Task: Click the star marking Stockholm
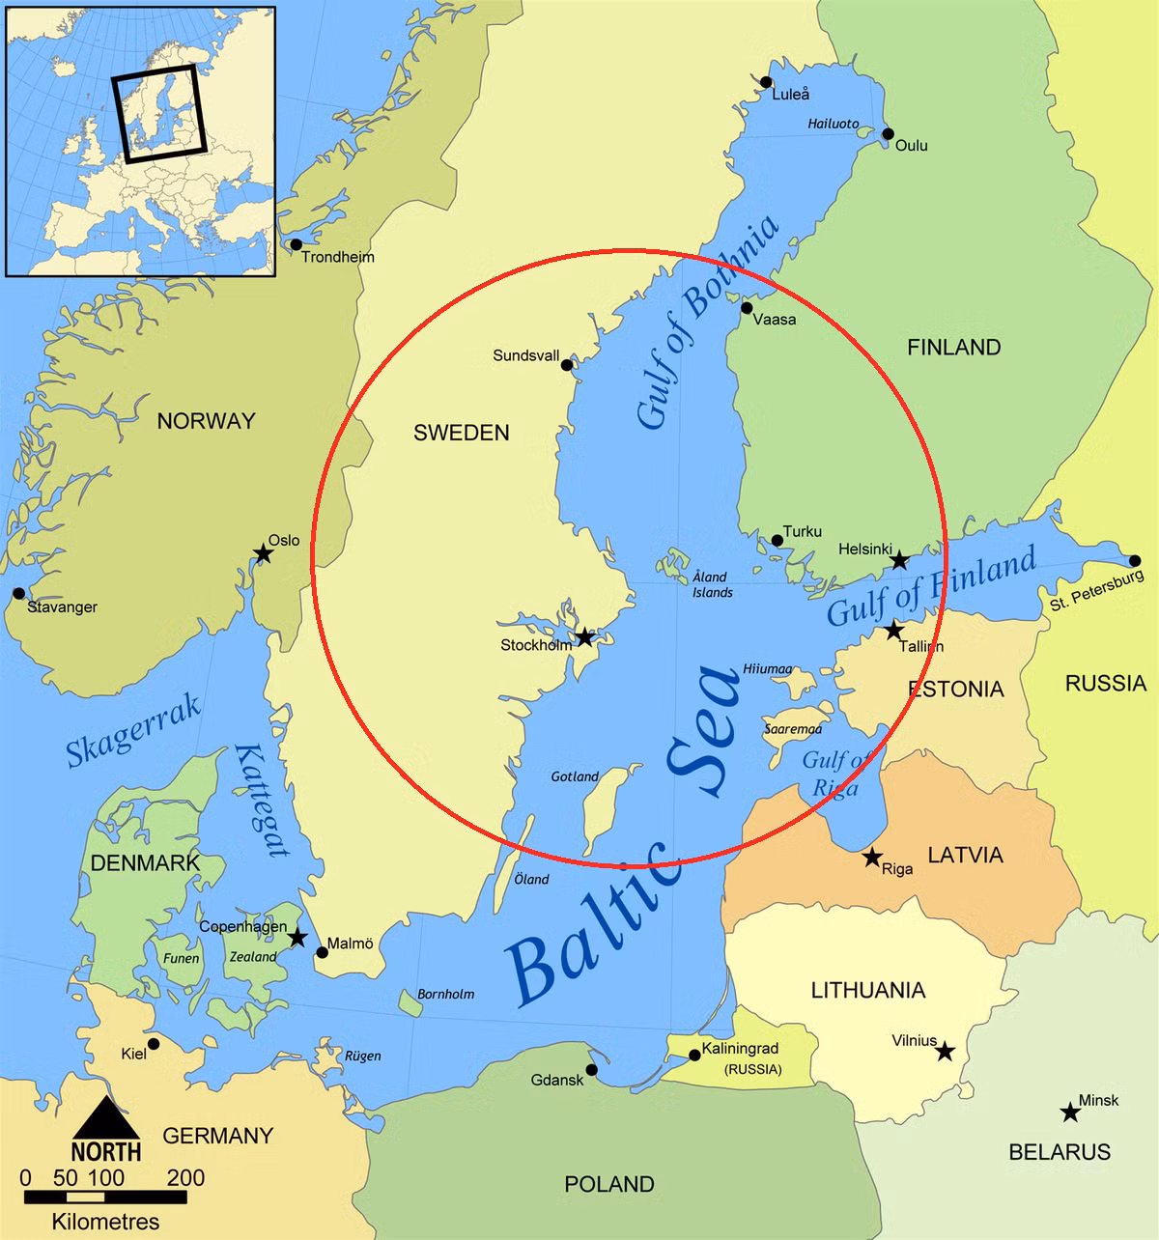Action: click(584, 637)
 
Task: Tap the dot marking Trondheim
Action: click(296, 244)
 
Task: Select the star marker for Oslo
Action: click(262, 553)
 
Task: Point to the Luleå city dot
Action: click(766, 82)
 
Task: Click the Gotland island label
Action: click(575, 776)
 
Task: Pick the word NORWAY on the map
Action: click(206, 421)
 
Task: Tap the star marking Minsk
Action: click(1069, 1113)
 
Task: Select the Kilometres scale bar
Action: click(105, 1198)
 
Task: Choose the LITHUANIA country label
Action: click(867, 990)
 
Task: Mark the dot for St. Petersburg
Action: click(1135, 561)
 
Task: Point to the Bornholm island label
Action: click(445, 994)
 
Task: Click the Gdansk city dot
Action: click(591, 1069)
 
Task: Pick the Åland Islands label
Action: click(712, 584)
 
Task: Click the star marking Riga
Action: click(871, 857)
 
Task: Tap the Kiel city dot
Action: click(153, 1044)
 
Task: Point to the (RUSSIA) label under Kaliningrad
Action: click(753, 1069)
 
